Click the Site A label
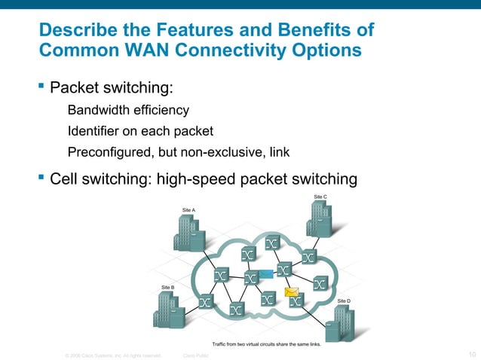coord(188,209)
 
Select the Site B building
coord(167,310)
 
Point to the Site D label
coord(344,301)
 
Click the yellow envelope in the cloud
coord(290,291)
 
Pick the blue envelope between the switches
coord(265,273)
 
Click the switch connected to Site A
coord(221,276)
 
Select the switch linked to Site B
coord(204,301)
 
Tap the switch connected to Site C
coord(308,257)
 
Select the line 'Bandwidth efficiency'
coord(128,111)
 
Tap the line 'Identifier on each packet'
coord(141,131)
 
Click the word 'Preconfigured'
coord(109,152)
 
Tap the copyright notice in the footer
coord(113,355)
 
